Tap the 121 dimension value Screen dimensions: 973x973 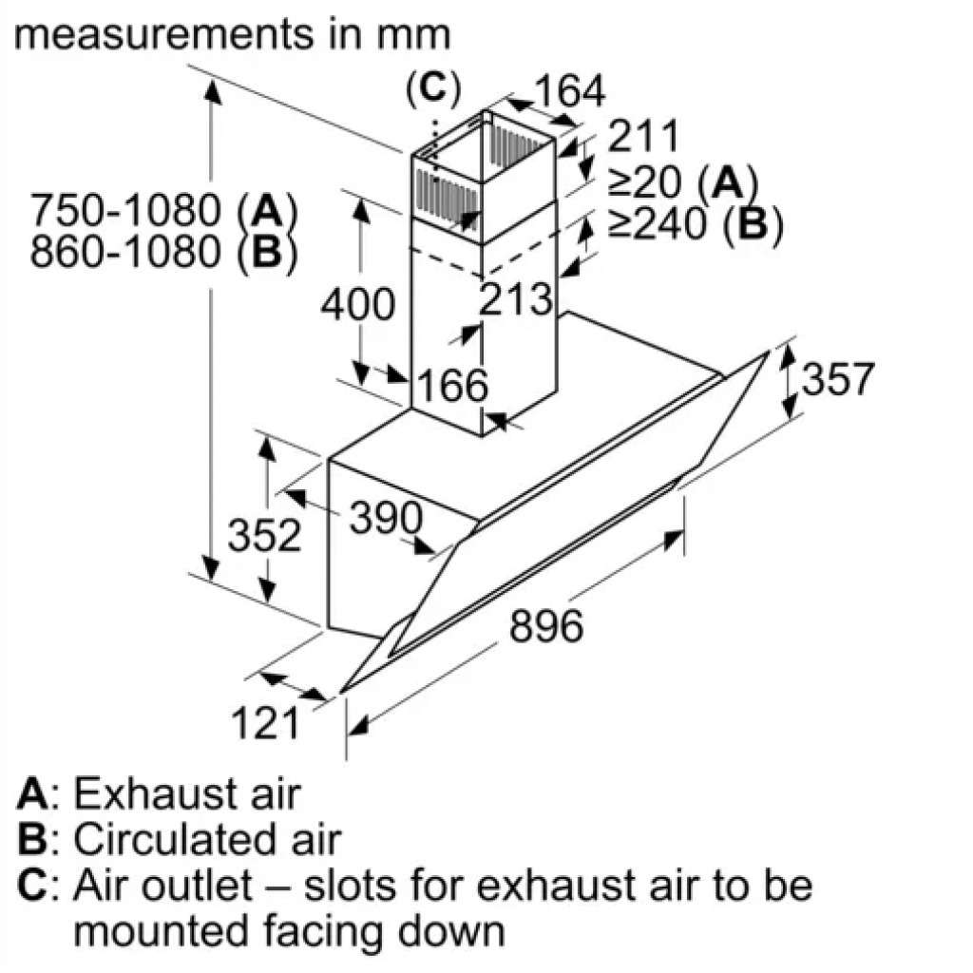[266, 722]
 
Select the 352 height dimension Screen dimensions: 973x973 [264, 535]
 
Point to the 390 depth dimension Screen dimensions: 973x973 [386, 518]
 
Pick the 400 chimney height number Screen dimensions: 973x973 [358, 304]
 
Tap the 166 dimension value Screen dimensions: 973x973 [453, 385]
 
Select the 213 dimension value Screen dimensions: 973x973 [516, 298]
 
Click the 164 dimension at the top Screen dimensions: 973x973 [570, 90]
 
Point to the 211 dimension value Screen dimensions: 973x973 [643, 136]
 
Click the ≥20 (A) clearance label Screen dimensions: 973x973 [682, 181]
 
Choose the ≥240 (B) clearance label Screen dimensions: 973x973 [695, 222]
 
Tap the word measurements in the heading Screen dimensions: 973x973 [163, 35]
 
